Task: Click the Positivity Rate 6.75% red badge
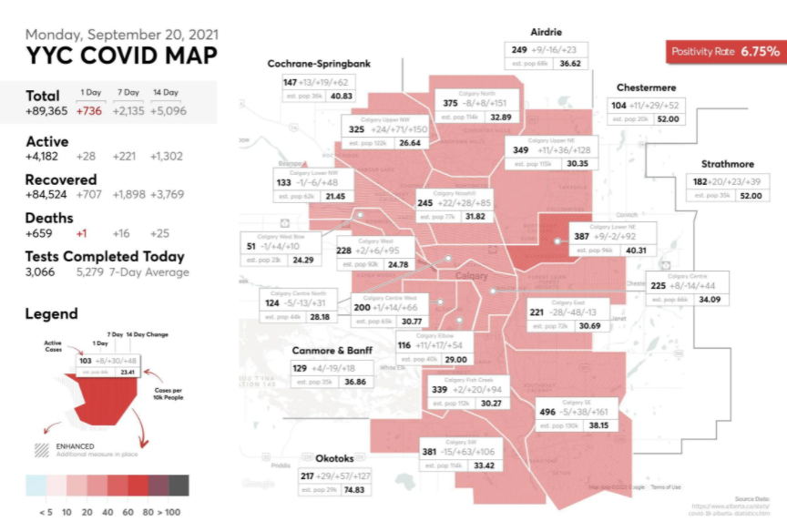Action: click(x=725, y=52)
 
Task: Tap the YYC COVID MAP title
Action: click(x=121, y=56)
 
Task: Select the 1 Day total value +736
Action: click(x=89, y=111)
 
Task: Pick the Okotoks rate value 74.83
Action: click(x=360, y=490)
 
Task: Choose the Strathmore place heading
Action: click(x=727, y=165)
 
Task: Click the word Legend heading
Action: click(x=51, y=313)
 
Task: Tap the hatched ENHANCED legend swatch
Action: click(x=41, y=450)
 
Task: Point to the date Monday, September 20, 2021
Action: click(x=121, y=35)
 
